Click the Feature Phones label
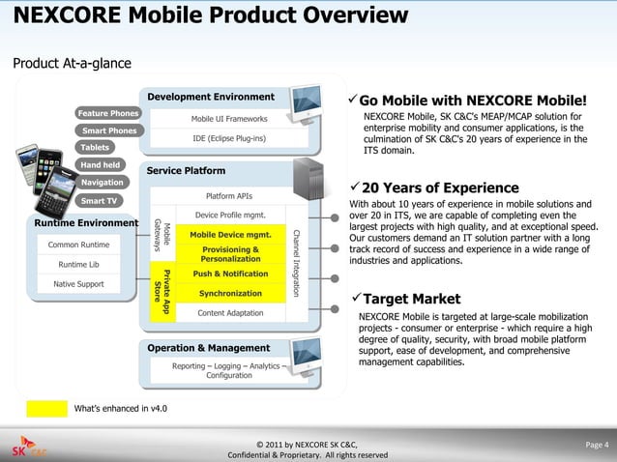click(x=108, y=114)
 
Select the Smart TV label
click(x=99, y=201)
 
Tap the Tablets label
click(x=95, y=148)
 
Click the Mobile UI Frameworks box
click(x=229, y=119)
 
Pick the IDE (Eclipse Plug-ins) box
click(x=229, y=138)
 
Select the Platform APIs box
click(x=229, y=195)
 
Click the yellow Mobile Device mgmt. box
click(x=230, y=235)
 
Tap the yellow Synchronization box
click(x=230, y=293)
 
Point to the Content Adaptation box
click(x=230, y=313)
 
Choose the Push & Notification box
click(x=230, y=274)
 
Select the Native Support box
click(x=78, y=284)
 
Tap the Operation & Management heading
click(x=208, y=348)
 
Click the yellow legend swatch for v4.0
click(x=45, y=408)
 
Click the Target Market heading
click(x=411, y=299)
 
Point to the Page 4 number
click(x=597, y=446)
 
